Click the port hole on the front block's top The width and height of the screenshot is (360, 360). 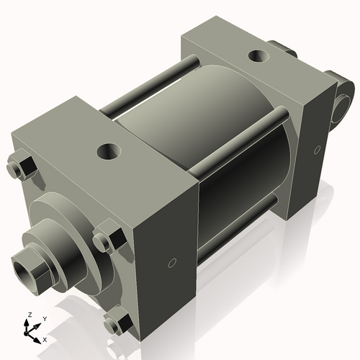[x=109, y=151]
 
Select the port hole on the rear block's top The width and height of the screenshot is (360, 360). [x=258, y=55]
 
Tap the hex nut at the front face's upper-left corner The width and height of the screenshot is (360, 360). [x=22, y=168]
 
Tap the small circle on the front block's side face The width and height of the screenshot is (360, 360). [x=171, y=263]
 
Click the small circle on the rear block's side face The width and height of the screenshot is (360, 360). [x=318, y=150]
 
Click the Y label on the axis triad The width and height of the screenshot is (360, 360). [x=44, y=318]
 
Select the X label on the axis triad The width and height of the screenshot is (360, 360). [x=45, y=338]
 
